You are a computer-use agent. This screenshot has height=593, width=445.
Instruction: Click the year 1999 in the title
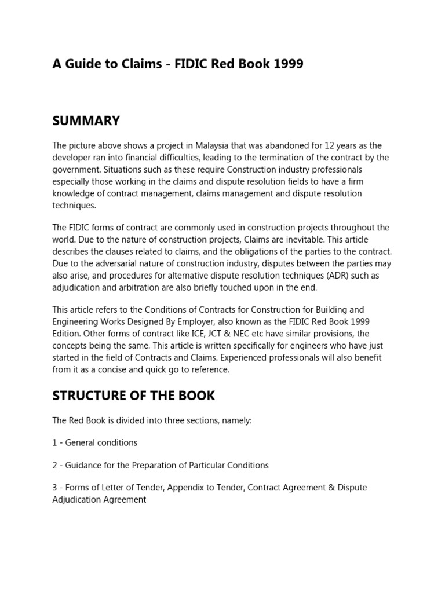point(287,64)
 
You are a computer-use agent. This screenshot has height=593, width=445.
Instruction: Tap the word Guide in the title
point(83,64)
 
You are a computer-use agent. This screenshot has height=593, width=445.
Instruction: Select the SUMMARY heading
point(86,120)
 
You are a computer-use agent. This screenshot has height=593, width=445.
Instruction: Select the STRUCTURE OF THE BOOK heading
point(133,396)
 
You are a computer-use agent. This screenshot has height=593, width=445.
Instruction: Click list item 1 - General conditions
point(94,442)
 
